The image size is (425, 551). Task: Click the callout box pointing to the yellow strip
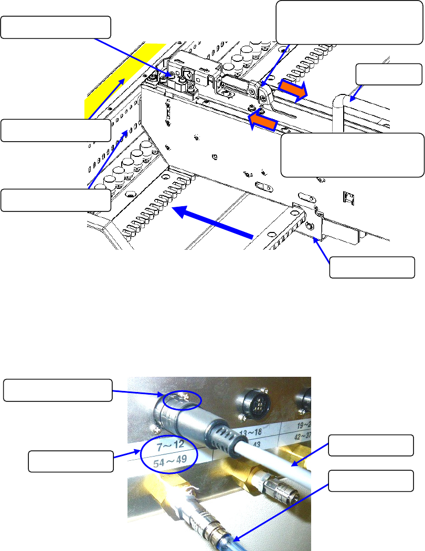point(56,130)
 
